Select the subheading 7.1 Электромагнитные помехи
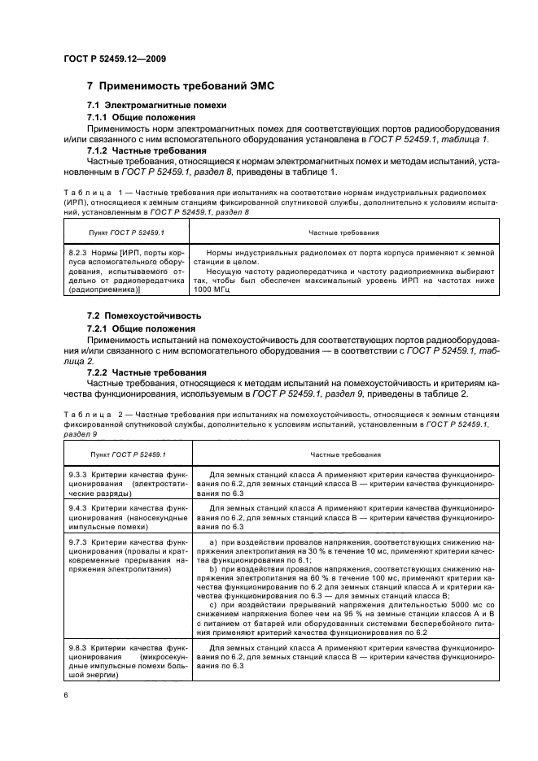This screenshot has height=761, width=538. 146,107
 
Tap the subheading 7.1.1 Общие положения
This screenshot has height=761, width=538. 137,118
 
